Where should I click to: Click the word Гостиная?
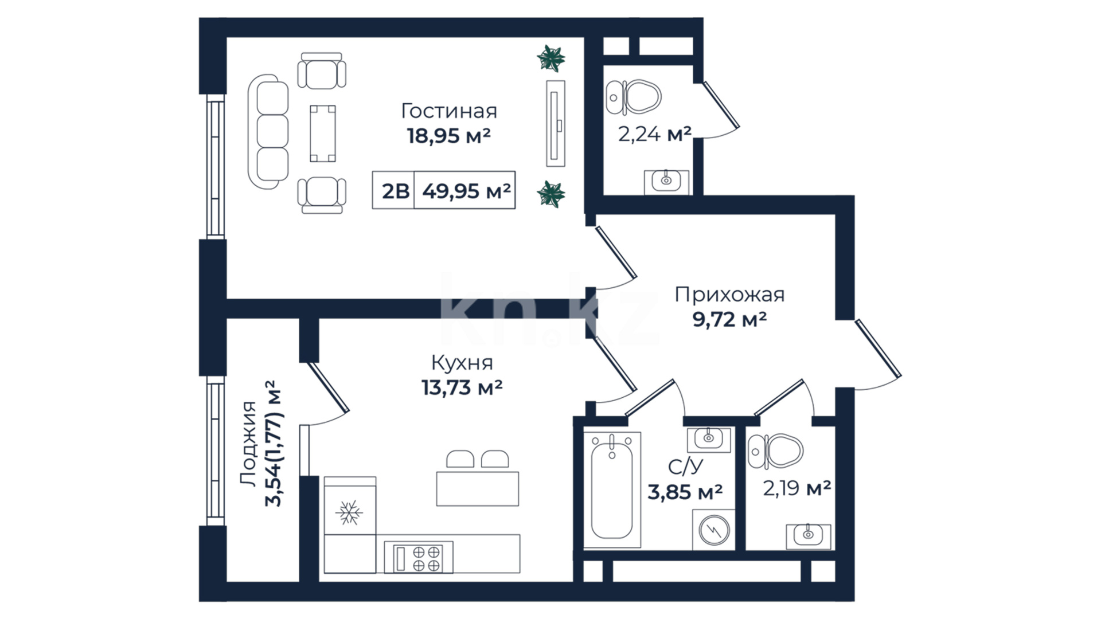pos(448,111)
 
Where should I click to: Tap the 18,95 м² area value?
pos(448,136)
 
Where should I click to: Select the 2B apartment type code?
pos(396,191)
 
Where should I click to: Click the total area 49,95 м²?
pos(466,191)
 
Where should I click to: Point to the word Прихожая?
pos(729,295)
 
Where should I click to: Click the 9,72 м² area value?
pos(729,319)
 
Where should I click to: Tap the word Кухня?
pos(462,363)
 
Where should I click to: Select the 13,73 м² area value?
pos(462,388)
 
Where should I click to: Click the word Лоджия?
pos(249,445)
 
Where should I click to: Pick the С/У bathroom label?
pos(685,467)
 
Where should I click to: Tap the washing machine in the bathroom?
pos(714,530)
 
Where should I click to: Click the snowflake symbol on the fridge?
pos(349,512)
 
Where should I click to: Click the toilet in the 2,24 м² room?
pos(634,98)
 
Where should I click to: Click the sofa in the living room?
pos(268,133)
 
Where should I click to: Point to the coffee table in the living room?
pos(323,133)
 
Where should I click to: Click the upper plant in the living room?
pos(551,58)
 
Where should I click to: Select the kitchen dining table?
pos(478,489)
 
